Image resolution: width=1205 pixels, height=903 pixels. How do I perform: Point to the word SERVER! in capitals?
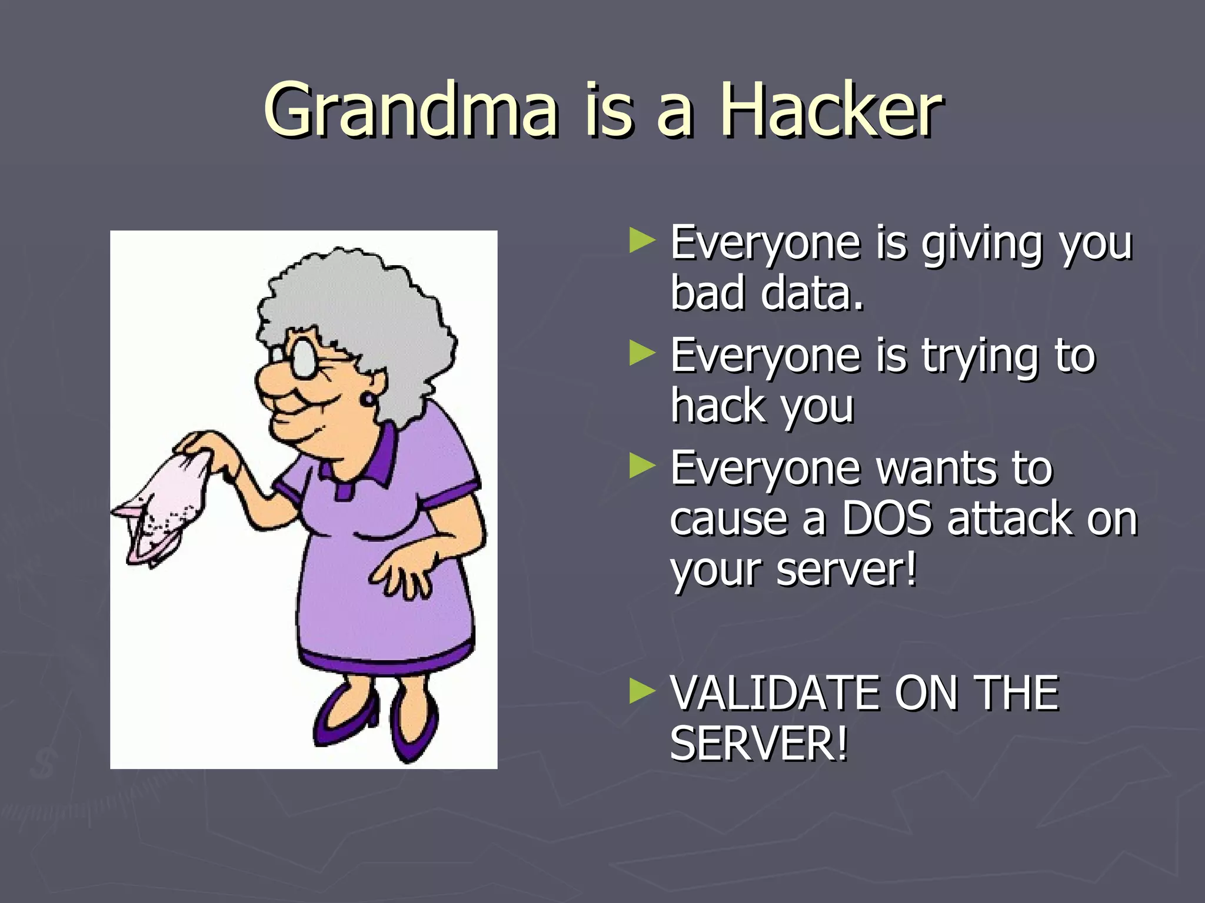pyautogui.click(x=759, y=744)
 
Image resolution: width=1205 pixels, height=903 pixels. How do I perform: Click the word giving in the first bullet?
pyautogui.click(x=980, y=244)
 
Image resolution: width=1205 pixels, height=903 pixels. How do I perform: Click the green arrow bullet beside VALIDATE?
pyautogui.click(x=642, y=691)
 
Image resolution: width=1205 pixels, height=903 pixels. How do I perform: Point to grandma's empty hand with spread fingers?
pyautogui.click(x=406, y=573)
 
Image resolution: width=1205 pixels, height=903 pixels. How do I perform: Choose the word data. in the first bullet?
pyautogui.click(x=812, y=294)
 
